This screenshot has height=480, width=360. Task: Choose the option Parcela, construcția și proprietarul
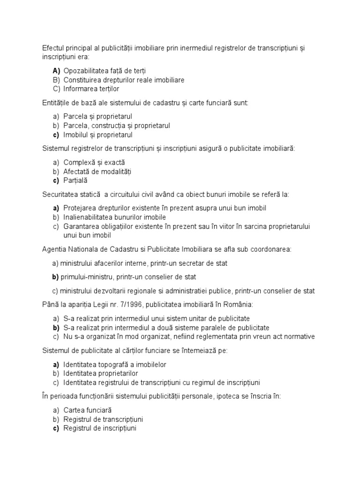[117, 126]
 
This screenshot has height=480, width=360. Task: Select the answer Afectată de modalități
[97, 171]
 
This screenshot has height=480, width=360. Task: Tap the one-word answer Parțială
[75, 180]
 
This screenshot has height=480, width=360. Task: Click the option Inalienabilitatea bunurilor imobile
[114, 217]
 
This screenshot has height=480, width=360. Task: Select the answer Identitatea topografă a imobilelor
[115, 364]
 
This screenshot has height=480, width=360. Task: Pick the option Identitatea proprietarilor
[101, 373]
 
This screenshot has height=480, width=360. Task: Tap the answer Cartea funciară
[87, 410]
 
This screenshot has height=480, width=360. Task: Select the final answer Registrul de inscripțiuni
[99, 428]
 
